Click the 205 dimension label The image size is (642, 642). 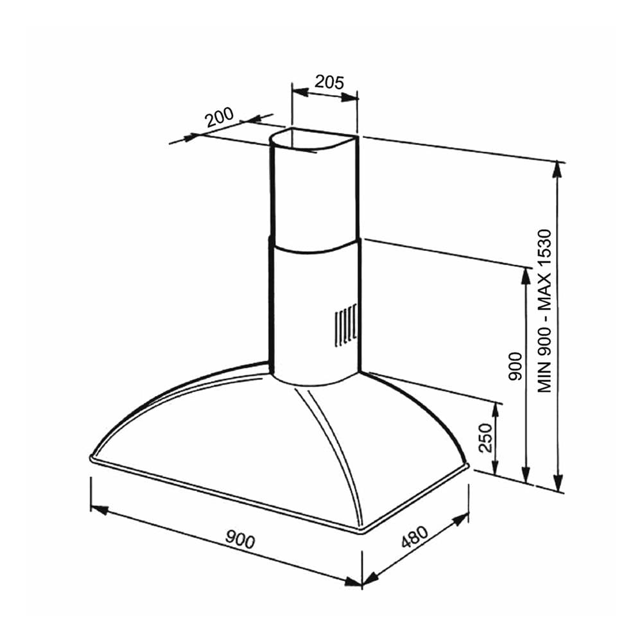pos(329,82)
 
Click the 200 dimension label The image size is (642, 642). pos(220,117)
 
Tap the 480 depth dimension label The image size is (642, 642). pos(414,536)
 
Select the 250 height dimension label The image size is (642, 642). pos(485,438)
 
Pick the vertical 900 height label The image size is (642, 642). pos(516,366)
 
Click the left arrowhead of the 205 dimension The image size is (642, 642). pos(300,92)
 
